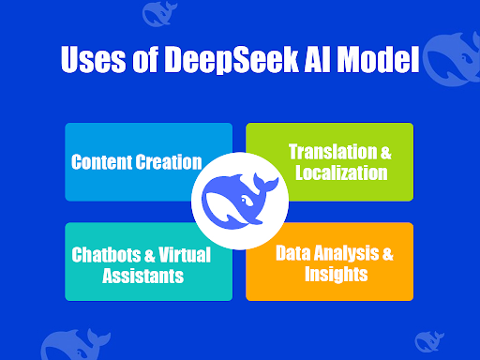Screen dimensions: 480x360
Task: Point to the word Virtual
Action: pos(184,255)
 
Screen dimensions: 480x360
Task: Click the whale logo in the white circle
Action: pos(239,199)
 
